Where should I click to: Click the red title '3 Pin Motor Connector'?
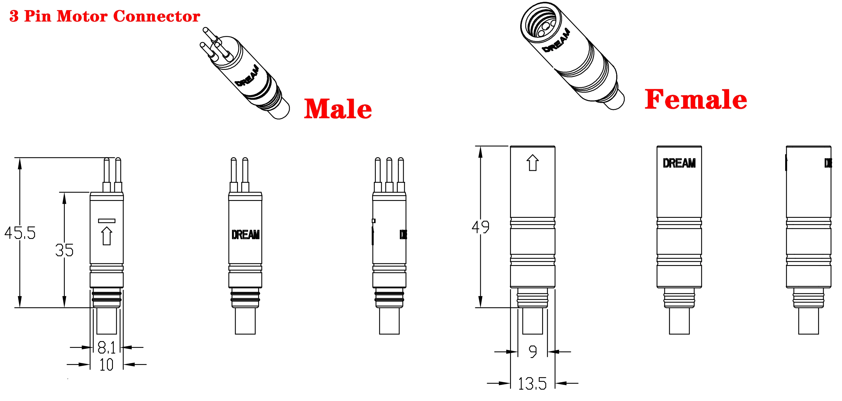(x=105, y=16)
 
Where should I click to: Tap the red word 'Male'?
(x=338, y=109)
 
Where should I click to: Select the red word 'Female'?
(x=696, y=99)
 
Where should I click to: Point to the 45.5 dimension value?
(x=20, y=233)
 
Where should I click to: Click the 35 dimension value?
(x=64, y=250)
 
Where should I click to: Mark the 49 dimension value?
(x=480, y=227)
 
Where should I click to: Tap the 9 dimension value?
(x=533, y=352)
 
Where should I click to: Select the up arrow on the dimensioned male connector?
(x=107, y=236)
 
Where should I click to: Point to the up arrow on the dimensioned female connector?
(x=532, y=163)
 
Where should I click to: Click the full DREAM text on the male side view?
(x=245, y=235)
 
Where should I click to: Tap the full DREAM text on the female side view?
(x=679, y=163)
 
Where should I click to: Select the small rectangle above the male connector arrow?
(x=107, y=221)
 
